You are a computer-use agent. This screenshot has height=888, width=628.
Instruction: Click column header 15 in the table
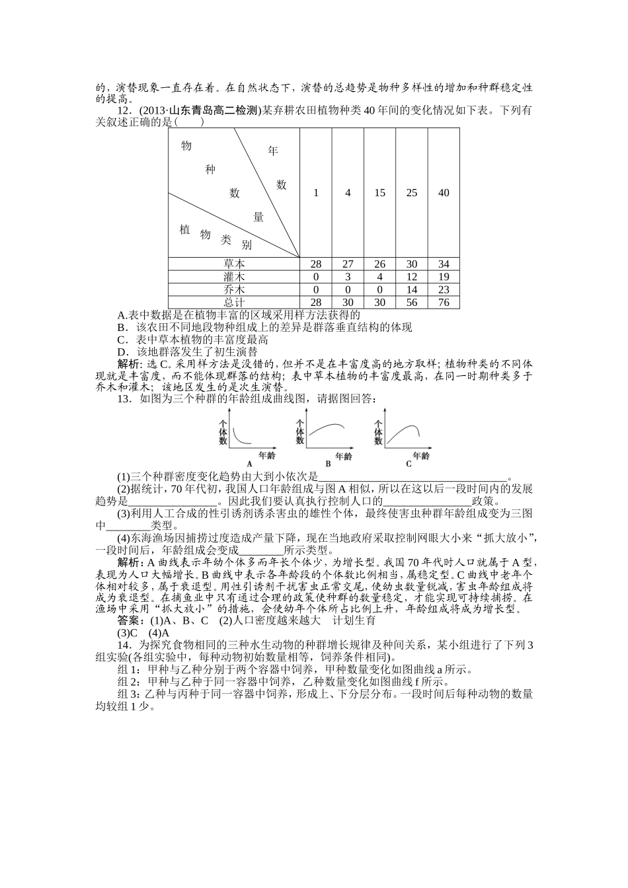pos(379,193)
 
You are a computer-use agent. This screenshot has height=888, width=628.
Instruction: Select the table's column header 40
pos(444,193)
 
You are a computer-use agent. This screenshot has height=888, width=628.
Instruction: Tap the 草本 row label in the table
pos(234,264)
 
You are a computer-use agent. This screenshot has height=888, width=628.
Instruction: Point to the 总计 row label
pos(234,303)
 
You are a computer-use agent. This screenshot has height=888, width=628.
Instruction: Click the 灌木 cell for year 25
pos(412,277)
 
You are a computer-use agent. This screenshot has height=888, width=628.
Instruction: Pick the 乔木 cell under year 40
pos(444,289)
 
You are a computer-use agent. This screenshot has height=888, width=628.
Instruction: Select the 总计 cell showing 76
pos(444,303)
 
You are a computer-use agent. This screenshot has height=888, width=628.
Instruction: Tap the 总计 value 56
pos(412,303)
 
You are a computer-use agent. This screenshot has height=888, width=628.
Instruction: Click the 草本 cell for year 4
pos(348,264)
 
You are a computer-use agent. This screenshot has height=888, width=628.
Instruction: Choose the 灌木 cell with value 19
pos(444,277)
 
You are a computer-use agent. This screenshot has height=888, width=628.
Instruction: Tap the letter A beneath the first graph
pos(249,464)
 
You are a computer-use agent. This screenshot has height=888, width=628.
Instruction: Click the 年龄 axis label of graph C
pos(420,456)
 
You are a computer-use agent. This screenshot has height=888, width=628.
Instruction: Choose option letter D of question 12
pos(122,352)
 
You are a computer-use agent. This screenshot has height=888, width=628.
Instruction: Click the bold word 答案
pos(128,620)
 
